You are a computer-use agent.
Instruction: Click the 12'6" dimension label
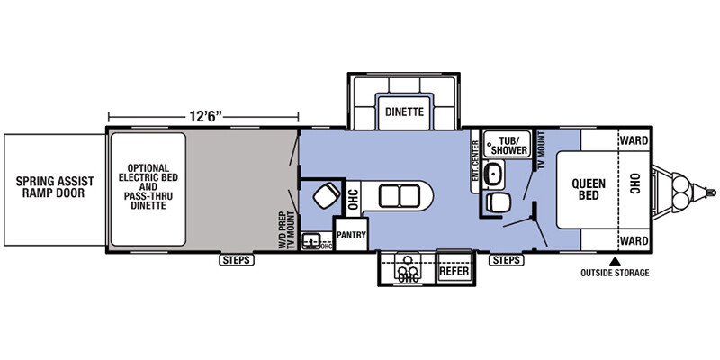(x=206, y=117)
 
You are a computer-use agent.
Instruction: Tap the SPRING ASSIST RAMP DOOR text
(x=55, y=187)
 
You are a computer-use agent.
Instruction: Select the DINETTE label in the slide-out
(x=404, y=112)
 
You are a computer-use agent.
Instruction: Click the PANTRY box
(x=351, y=235)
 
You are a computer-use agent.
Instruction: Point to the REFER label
(x=454, y=271)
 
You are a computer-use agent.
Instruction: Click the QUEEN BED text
(x=589, y=189)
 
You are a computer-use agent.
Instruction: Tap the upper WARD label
(x=634, y=140)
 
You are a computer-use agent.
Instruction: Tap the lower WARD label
(x=634, y=240)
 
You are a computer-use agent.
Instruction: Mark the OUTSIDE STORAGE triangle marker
(x=615, y=262)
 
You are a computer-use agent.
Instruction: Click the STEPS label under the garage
(x=237, y=260)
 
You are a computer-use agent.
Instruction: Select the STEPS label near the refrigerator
(x=507, y=260)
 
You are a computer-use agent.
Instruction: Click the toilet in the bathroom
(x=498, y=202)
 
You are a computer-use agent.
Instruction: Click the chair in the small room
(x=327, y=195)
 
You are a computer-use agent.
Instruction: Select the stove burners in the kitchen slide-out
(x=408, y=272)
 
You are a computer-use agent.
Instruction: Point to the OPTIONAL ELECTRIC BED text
(x=148, y=173)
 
